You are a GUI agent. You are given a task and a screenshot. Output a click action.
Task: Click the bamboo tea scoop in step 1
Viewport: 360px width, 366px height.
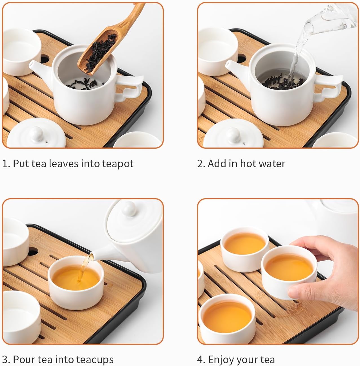[107, 44]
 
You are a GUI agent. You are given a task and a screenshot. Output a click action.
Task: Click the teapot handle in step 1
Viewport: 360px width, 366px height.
[129, 87]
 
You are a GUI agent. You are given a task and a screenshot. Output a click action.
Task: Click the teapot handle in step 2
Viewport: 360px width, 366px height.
[328, 87]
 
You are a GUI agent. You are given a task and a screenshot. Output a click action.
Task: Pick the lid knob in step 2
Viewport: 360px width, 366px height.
[233, 135]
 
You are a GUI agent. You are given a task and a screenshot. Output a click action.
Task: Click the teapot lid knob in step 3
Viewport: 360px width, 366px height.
[129, 209]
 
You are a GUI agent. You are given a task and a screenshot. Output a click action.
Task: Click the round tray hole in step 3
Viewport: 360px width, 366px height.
[33, 252]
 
